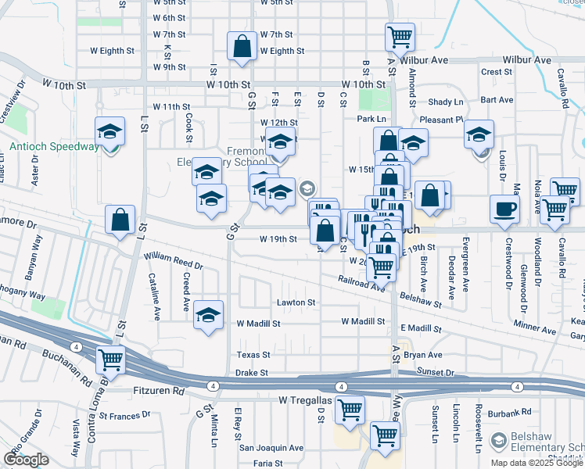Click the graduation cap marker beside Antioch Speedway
tap(110, 131)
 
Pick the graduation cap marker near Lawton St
tap(208, 315)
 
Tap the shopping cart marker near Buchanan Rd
tap(110, 360)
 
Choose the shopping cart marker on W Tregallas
tap(350, 409)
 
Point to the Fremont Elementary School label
tap(219, 156)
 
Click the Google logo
tap(26, 460)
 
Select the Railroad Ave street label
tap(362, 282)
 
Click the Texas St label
tap(253, 355)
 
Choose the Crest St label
tap(497, 72)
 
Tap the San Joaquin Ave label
tap(271, 448)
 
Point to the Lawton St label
tap(296, 303)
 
